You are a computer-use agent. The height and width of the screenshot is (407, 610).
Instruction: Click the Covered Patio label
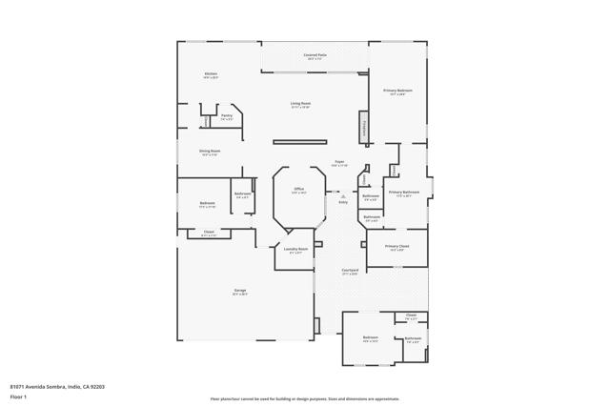315,56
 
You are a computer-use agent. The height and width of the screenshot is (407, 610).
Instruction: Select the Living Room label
301,104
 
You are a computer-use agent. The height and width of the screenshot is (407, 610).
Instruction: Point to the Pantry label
226,116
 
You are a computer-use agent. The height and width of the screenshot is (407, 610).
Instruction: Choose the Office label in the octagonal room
298,190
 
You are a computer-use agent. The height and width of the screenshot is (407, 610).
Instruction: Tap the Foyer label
338,163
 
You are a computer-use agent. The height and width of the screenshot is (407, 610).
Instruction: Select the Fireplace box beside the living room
364,127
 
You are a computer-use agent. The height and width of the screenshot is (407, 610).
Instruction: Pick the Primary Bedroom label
397,92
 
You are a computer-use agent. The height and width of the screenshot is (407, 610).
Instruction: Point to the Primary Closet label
397,247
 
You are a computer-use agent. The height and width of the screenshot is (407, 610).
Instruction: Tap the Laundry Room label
295,250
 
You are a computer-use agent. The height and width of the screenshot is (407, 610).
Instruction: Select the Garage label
240,292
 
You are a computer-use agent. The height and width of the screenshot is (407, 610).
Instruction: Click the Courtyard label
350,271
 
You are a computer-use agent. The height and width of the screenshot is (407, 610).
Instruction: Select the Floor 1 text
18,396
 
